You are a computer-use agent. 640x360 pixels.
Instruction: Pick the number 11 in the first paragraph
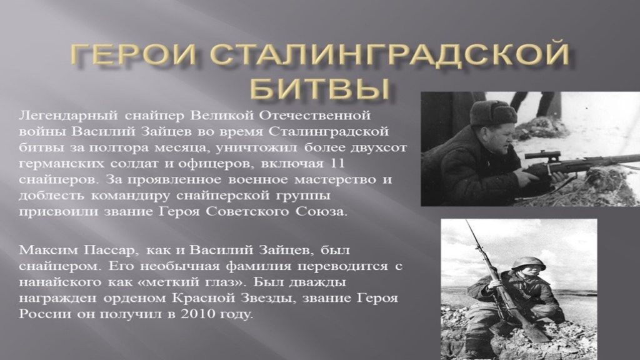tap(352, 164)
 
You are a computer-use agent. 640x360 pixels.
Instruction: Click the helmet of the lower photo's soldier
tap(528, 263)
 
